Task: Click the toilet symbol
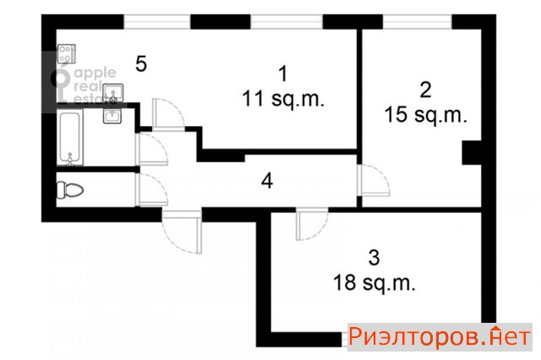(x=70, y=189)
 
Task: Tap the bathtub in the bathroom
(x=70, y=137)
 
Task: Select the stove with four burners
(x=66, y=54)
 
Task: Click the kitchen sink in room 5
(x=112, y=92)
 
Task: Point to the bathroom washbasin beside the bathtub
(x=112, y=116)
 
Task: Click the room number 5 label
(x=141, y=64)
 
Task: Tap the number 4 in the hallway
(x=267, y=181)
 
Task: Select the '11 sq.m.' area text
(x=283, y=99)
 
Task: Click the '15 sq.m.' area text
(x=425, y=115)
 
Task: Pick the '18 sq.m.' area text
(x=374, y=283)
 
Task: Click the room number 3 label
(x=374, y=258)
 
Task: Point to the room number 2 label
(x=426, y=90)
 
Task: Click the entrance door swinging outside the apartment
(x=182, y=232)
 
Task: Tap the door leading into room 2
(x=374, y=180)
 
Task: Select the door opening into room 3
(x=312, y=224)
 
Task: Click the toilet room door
(x=152, y=189)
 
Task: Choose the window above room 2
(x=417, y=22)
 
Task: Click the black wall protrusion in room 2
(x=472, y=152)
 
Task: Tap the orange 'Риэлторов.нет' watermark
(x=440, y=336)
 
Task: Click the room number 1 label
(x=283, y=74)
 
